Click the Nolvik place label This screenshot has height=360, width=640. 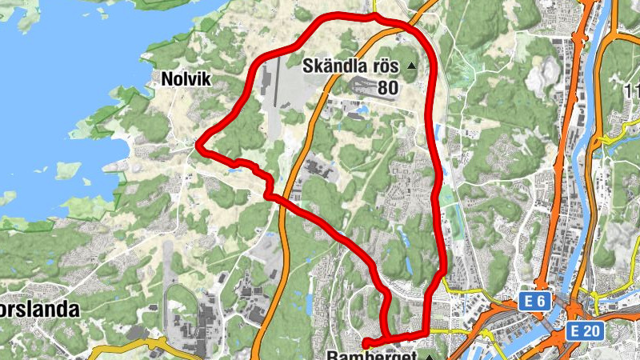tap(186, 78)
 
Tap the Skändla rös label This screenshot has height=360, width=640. tap(350, 66)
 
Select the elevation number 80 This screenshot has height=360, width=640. tap(386, 87)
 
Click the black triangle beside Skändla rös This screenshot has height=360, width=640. tap(412, 66)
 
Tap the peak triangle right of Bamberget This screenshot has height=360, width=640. tap(430, 356)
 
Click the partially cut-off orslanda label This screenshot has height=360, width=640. tap(40, 310)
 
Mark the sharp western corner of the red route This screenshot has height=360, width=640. tap(200, 146)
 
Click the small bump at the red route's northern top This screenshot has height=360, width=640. tap(374, 16)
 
